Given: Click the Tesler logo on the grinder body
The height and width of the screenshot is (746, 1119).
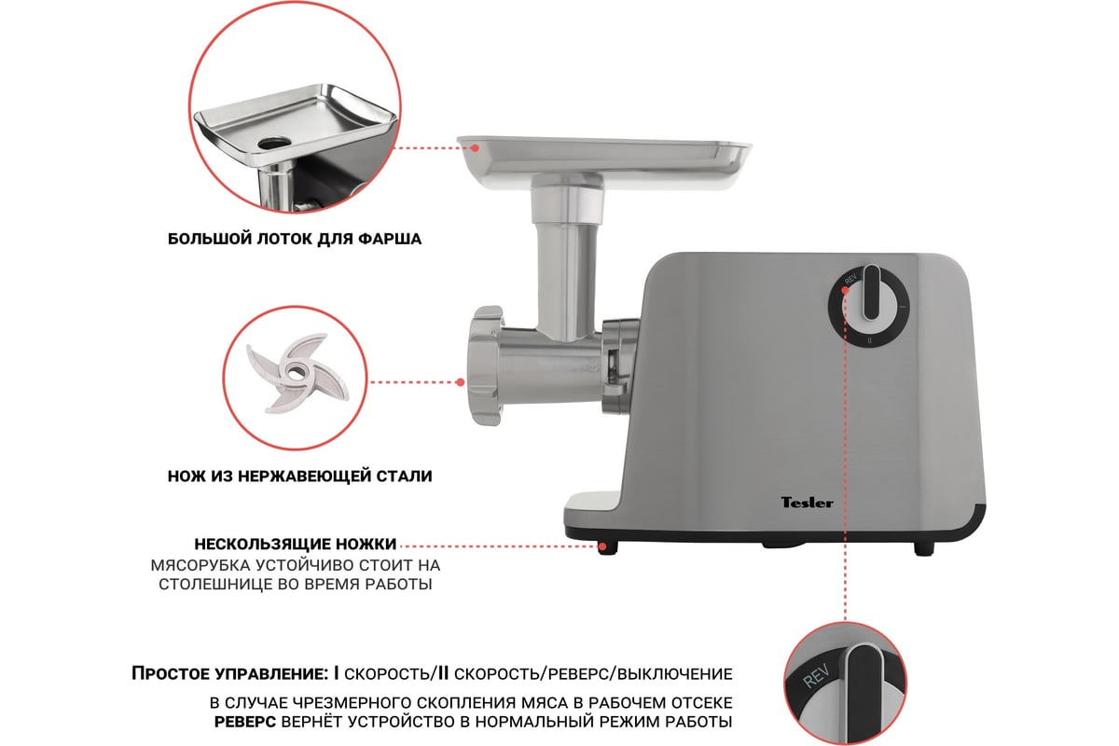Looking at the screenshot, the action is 808,503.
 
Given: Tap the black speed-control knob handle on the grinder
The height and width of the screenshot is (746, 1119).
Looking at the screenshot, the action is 871,292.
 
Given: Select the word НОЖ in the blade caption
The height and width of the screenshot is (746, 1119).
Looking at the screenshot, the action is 186,476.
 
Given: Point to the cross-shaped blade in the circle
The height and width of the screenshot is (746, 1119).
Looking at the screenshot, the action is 297,372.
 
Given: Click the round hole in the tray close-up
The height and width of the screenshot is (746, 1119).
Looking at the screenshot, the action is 274,144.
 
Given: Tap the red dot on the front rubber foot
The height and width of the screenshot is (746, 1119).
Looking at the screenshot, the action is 603,546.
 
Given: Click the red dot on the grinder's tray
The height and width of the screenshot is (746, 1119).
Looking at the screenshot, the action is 476,148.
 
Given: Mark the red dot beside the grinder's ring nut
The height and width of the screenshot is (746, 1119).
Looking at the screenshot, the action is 461,382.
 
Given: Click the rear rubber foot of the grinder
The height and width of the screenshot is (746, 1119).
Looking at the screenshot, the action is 924,548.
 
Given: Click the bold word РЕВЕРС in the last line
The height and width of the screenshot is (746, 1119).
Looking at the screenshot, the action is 244,722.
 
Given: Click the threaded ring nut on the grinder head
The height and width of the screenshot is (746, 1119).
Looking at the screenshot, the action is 486,366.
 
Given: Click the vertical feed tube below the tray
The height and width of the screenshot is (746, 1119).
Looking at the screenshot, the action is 567,280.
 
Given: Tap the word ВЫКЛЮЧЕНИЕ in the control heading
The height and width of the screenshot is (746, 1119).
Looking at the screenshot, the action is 675,673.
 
